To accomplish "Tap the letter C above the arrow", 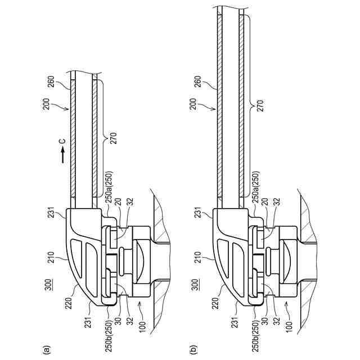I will [x=62, y=140].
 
